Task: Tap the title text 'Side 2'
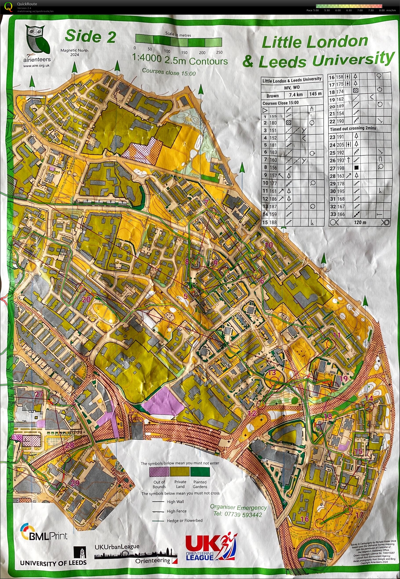coord(90,36)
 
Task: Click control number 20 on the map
coord(86,299)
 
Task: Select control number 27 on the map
coord(39,394)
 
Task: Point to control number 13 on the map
coord(272,373)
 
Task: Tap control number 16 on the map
coord(304,519)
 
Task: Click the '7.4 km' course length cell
coord(296,95)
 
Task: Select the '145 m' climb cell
coord(315,94)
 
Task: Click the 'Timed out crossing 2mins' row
coord(353,128)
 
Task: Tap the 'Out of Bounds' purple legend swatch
coord(159,472)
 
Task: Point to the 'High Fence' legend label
coord(177,511)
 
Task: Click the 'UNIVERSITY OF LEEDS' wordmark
coord(53,563)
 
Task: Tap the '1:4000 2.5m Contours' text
coord(180,60)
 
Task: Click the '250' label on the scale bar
coord(219,52)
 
